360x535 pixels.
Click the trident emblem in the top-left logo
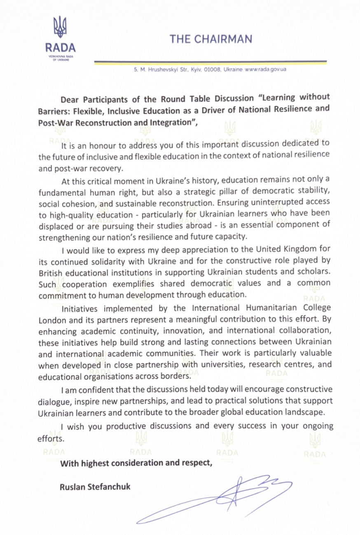(61, 28)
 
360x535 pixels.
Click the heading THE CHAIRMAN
(211, 39)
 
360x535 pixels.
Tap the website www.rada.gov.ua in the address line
(266, 70)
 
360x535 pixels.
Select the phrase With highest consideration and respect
(136, 462)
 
